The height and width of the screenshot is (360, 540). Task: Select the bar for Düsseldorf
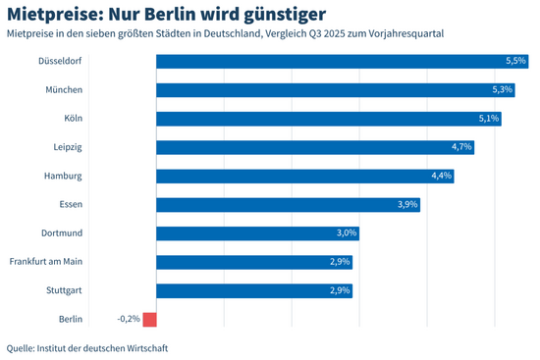[x=334, y=61]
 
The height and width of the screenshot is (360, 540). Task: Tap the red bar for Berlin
[x=149, y=319]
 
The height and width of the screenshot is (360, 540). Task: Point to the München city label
[x=62, y=90]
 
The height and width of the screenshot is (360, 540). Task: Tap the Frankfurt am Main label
[x=45, y=262]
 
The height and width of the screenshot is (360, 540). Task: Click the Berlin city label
[x=70, y=319]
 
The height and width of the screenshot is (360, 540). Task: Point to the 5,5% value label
[x=516, y=61]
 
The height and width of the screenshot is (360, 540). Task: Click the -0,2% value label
[x=128, y=319]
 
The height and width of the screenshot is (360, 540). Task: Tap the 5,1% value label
[x=489, y=119]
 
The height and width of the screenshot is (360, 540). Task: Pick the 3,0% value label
[x=347, y=233]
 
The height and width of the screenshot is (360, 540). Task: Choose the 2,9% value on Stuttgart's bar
[x=340, y=290]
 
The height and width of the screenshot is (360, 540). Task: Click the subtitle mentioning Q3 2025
[x=225, y=34]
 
